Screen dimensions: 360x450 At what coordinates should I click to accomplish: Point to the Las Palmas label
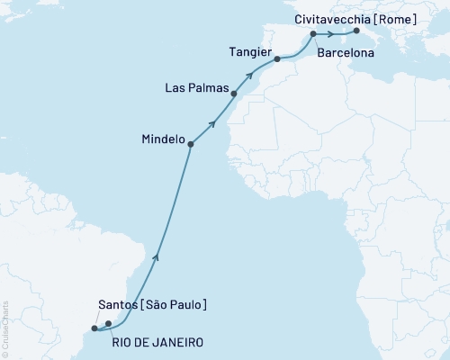click(x=196, y=88)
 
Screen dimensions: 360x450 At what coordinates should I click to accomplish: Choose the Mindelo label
click(x=163, y=140)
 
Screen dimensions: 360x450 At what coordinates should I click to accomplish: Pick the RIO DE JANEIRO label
click(x=157, y=343)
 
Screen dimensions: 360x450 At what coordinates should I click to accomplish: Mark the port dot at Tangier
click(x=277, y=59)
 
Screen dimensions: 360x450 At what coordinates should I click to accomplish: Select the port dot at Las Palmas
click(x=234, y=93)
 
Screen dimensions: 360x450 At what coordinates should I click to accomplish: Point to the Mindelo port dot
click(x=191, y=141)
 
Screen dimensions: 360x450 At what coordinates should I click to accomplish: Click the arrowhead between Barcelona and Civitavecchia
click(x=332, y=34)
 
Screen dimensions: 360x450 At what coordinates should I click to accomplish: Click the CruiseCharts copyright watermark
click(x=5, y=328)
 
